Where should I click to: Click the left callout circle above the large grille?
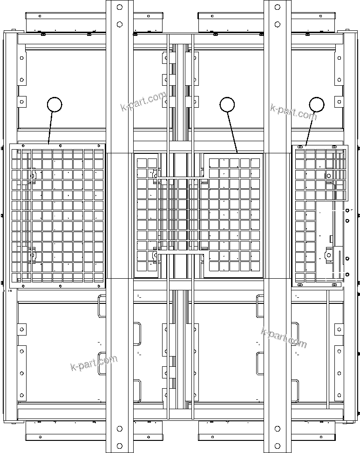click(x=54, y=104)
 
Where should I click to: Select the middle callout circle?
click(x=227, y=104)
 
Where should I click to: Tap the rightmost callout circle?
click(x=317, y=104)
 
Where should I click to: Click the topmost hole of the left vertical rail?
click(x=120, y=7)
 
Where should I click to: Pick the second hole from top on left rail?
click(x=120, y=24)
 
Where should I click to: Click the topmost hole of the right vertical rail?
click(x=278, y=7)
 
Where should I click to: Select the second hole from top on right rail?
click(x=278, y=24)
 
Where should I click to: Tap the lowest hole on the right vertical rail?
click(x=278, y=445)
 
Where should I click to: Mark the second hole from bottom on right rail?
click(x=278, y=428)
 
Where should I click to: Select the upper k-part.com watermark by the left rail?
click(x=143, y=102)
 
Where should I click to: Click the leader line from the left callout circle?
click(x=51, y=128)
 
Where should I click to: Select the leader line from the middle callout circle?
click(x=232, y=132)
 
